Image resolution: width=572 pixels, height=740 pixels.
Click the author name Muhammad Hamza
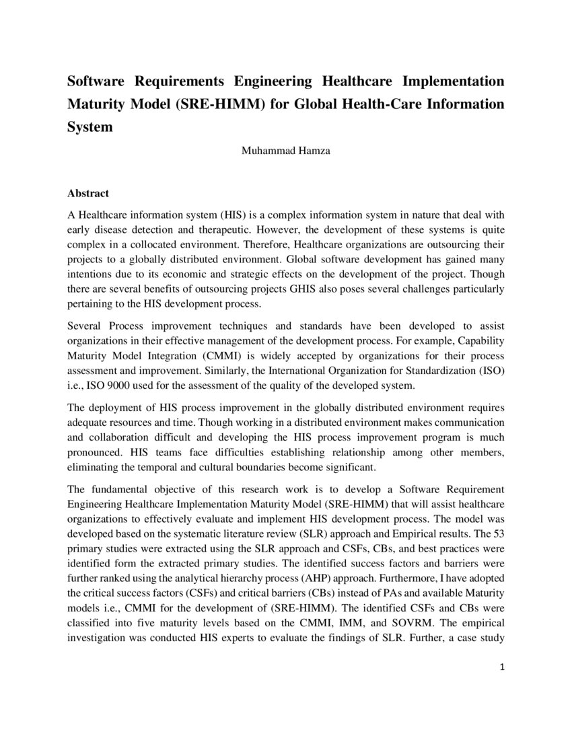click(x=285, y=151)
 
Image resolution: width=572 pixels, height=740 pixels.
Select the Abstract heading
click(x=88, y=193)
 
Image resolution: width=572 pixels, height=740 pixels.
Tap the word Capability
click(x=479, y=341)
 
